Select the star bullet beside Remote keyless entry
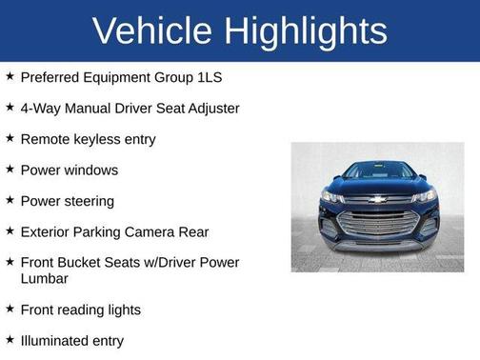point(9,138)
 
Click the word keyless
point(99,139)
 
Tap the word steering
point(88,201)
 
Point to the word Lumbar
point(44,278)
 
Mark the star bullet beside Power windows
point(9,169)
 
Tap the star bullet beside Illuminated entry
point(9,339)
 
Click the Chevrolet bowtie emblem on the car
point(378,201)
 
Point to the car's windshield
point(378,171)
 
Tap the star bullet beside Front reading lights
point(9,309)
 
